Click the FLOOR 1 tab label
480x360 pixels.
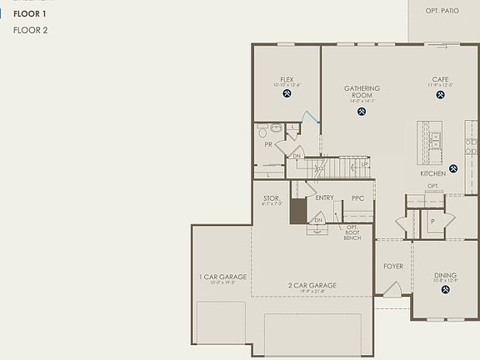30,14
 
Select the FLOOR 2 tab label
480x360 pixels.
30,31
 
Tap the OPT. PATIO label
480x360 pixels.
442,10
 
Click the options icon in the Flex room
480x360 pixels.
287,94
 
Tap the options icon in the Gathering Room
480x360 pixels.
362,111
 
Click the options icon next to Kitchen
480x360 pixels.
453,168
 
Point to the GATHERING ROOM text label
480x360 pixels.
362,92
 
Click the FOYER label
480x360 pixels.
392,267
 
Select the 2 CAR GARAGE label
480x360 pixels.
312,285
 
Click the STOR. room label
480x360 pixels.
272,198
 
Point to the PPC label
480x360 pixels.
357,198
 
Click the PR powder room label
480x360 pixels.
268,144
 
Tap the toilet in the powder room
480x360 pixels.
263,132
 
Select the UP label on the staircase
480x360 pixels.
364,165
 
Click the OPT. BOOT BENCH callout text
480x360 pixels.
352,232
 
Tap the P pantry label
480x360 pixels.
432,222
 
